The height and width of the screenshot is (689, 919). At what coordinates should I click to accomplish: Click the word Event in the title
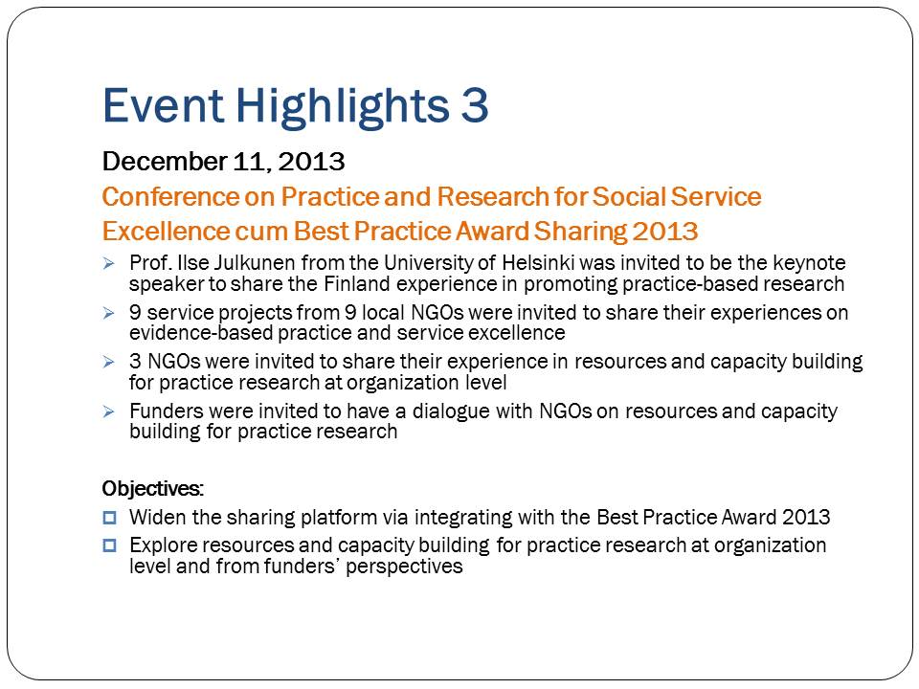tap(163, 105)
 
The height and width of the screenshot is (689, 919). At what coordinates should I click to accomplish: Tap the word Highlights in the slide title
tap(343, 106)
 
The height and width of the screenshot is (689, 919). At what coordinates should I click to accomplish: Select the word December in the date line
tap(165, 161)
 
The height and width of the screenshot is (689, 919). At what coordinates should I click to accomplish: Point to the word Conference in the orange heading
tap(170, 197)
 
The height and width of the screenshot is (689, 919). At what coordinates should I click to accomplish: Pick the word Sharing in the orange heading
tap(579, 232)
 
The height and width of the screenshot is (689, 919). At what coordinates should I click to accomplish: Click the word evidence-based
tap(200, 333)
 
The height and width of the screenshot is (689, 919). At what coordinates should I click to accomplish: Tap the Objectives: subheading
tap(153, 489)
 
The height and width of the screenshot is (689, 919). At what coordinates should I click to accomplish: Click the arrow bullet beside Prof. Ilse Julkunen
tap(108, 264)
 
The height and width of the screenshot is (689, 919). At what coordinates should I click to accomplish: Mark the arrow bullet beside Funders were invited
tap(108, 411)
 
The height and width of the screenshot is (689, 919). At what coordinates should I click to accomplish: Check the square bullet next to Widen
tap(109, 518)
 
